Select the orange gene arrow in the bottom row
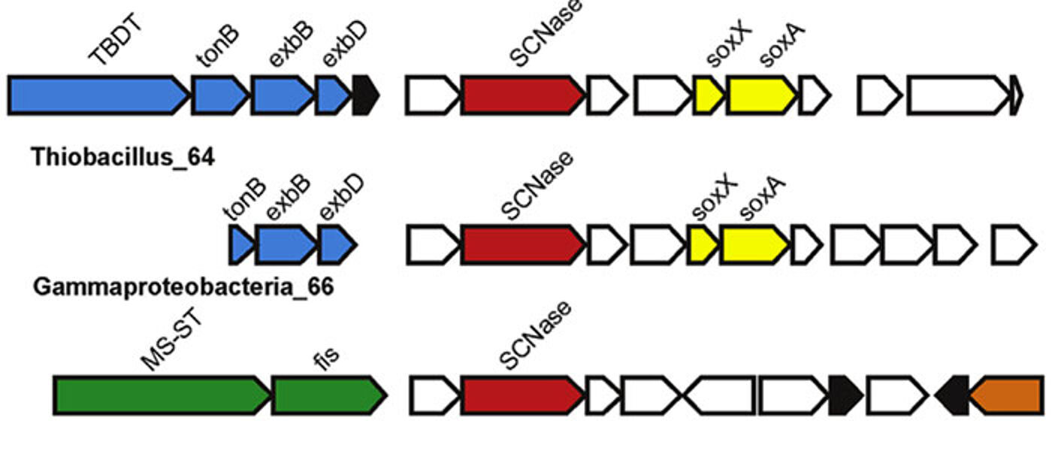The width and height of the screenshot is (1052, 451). pyautogui.click(x=1007, y=395)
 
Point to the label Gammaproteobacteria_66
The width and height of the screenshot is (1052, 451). pyautogui.click(x=183, y=287)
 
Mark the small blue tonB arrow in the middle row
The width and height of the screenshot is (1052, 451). pyautogui.click(x=240, y=245)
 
